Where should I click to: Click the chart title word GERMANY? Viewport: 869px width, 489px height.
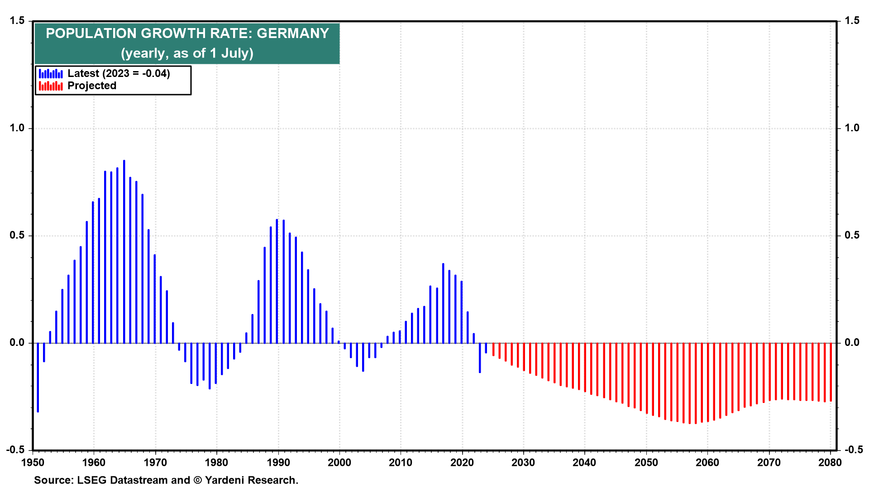pos(293,34)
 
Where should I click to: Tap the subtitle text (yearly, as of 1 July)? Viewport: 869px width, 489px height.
pos(187,53)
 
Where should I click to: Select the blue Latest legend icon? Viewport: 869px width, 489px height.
pos(51,73)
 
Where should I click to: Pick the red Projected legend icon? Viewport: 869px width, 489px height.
pos(51,86)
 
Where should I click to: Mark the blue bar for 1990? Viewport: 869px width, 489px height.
pos(277,281)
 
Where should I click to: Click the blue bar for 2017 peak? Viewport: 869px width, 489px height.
pos(443,303)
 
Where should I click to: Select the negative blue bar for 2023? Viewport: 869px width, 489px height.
pos(480,358)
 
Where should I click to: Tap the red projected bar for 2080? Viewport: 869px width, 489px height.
pos(831,372)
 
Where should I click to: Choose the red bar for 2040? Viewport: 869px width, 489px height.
pos(585,367)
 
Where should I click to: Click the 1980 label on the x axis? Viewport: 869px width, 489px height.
pos(216,463)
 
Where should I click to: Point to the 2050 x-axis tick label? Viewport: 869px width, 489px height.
pos(646,463)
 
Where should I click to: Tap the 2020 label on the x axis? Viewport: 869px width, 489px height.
pos(462,463)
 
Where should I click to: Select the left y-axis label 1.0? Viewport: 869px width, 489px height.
pos(17,128)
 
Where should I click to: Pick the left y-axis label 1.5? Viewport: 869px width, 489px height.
pos(17,21)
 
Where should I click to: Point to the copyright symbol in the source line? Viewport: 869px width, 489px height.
pos(198,480)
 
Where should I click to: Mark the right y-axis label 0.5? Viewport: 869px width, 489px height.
pos(852,235)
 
